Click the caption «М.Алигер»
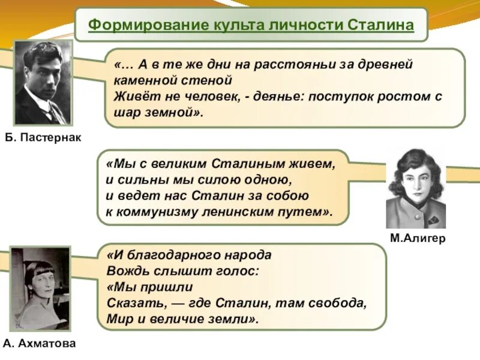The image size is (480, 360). coord(418,238)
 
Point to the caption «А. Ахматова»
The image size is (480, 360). coord(40,344)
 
